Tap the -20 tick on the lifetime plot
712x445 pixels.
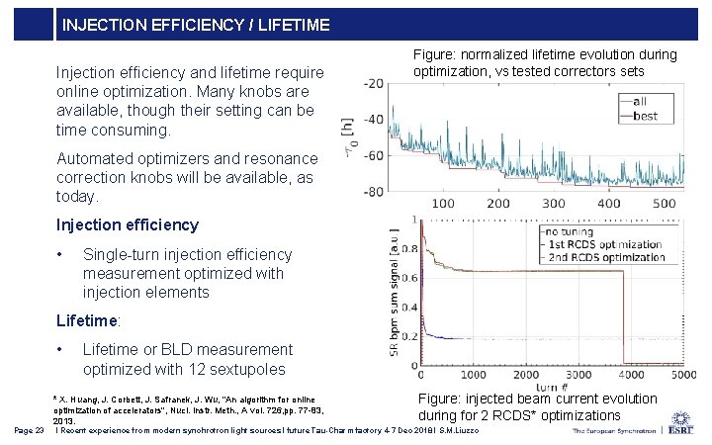[372, 83]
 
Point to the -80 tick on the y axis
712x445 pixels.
[372, 192]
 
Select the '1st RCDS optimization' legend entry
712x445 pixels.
[605, 244]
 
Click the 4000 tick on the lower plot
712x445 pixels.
[626, 377]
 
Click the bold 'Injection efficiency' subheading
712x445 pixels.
[128, 224]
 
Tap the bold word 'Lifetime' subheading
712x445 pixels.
[87, 320]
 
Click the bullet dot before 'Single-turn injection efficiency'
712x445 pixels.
[62, 255]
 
